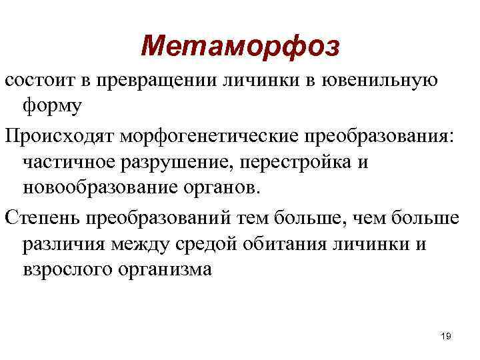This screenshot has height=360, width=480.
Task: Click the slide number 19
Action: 446,337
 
